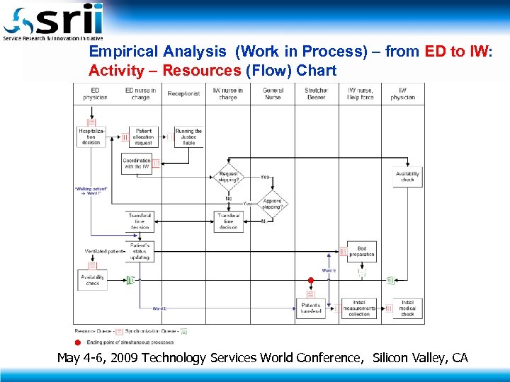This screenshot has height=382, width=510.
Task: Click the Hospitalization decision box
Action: pos(91,137)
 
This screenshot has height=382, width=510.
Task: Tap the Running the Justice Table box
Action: pos(188,137)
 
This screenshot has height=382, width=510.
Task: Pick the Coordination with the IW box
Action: pos(137,164)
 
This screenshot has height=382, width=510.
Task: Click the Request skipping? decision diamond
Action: pos(229,176)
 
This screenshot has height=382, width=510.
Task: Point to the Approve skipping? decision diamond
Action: pos(272,204)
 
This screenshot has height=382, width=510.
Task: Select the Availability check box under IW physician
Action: pos(407,177)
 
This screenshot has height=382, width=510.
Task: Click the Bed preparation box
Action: pos(362,251)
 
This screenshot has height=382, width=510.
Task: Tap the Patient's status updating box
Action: pos(140,252)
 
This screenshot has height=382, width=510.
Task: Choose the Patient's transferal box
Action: pos(310,308)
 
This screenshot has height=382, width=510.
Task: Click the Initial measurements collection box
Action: pos(359,308)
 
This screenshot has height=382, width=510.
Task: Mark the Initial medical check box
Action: pos(407,308)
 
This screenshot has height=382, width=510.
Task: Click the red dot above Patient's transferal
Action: pos(310,281)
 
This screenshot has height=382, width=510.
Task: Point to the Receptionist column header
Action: pos(183,93)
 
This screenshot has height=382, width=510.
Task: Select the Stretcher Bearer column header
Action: pos(316,93)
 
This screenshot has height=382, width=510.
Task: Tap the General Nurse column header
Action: pos(273,93)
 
